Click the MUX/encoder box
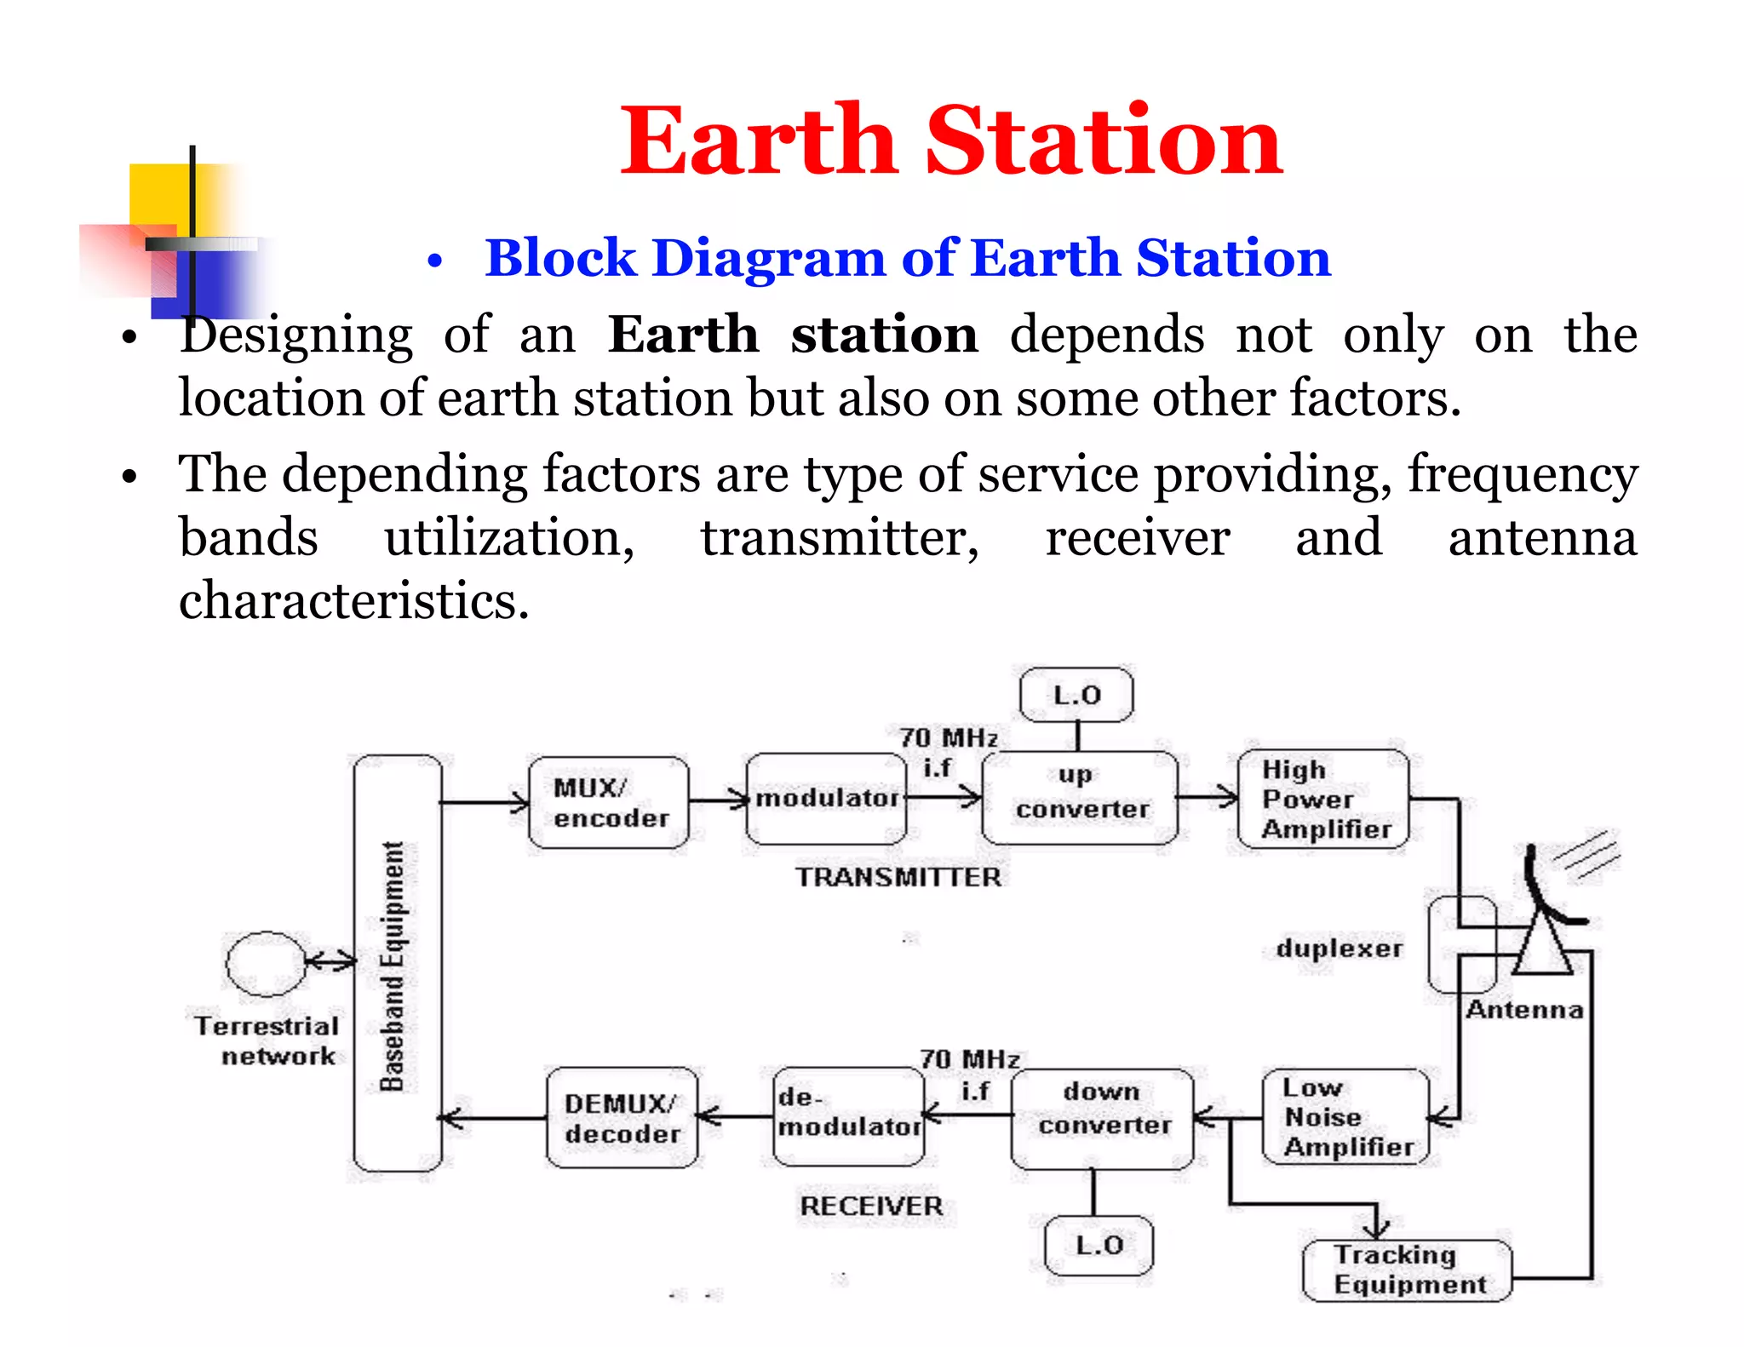[x=608, y=802]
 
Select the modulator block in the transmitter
[x=825, y=799]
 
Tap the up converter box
[x=1080, y=798]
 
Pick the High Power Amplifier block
[x=1323, y=799]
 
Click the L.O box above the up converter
[x=1076, y=695]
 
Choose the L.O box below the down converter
[x=1099, y=1245]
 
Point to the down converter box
[x=1103, y=1118]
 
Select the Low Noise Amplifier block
[x=1345, y=1117]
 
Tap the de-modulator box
[x=849, y=1116]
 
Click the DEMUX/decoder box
[x=622, y=1117]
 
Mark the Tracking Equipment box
[x=1407, y=1270]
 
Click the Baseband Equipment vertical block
[x=397, y=963]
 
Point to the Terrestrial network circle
[x=266, y=963]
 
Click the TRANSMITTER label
[x=898, y=877]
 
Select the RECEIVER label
[x=871, y=1206]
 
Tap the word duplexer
[x=1339, y=949]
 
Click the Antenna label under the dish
[x=1524, y=1010]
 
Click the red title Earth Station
[x=950, y=140]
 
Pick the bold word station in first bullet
[x=884, y=335]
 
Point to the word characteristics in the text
[x=353, y=600]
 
